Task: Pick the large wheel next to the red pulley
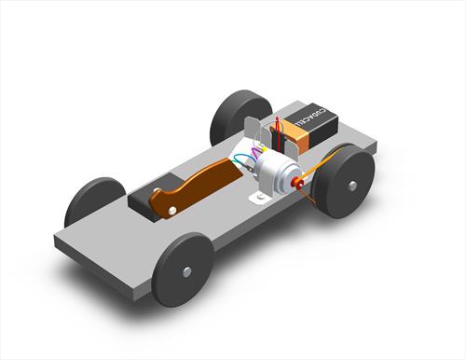pyautogui.click(x=344, y=180)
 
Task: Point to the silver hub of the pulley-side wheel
pyautogui.click(x=352, y=184)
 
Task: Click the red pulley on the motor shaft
pyautogui.click(x=298, y=184)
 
